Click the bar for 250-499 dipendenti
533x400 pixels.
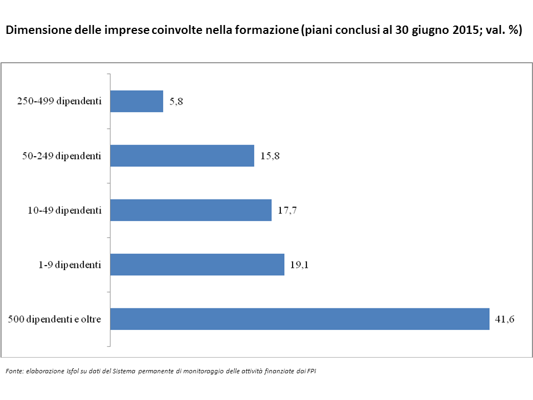(137, 102)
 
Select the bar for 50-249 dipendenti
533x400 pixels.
(182, 156)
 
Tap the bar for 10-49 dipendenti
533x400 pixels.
(190, 211)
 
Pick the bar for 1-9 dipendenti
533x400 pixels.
(197, 265)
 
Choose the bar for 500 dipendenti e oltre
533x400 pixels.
(300, 319)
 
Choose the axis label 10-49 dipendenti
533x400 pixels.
(64, 211)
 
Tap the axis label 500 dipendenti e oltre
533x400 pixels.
(54, 319)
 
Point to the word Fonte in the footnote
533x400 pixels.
(14, 371)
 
